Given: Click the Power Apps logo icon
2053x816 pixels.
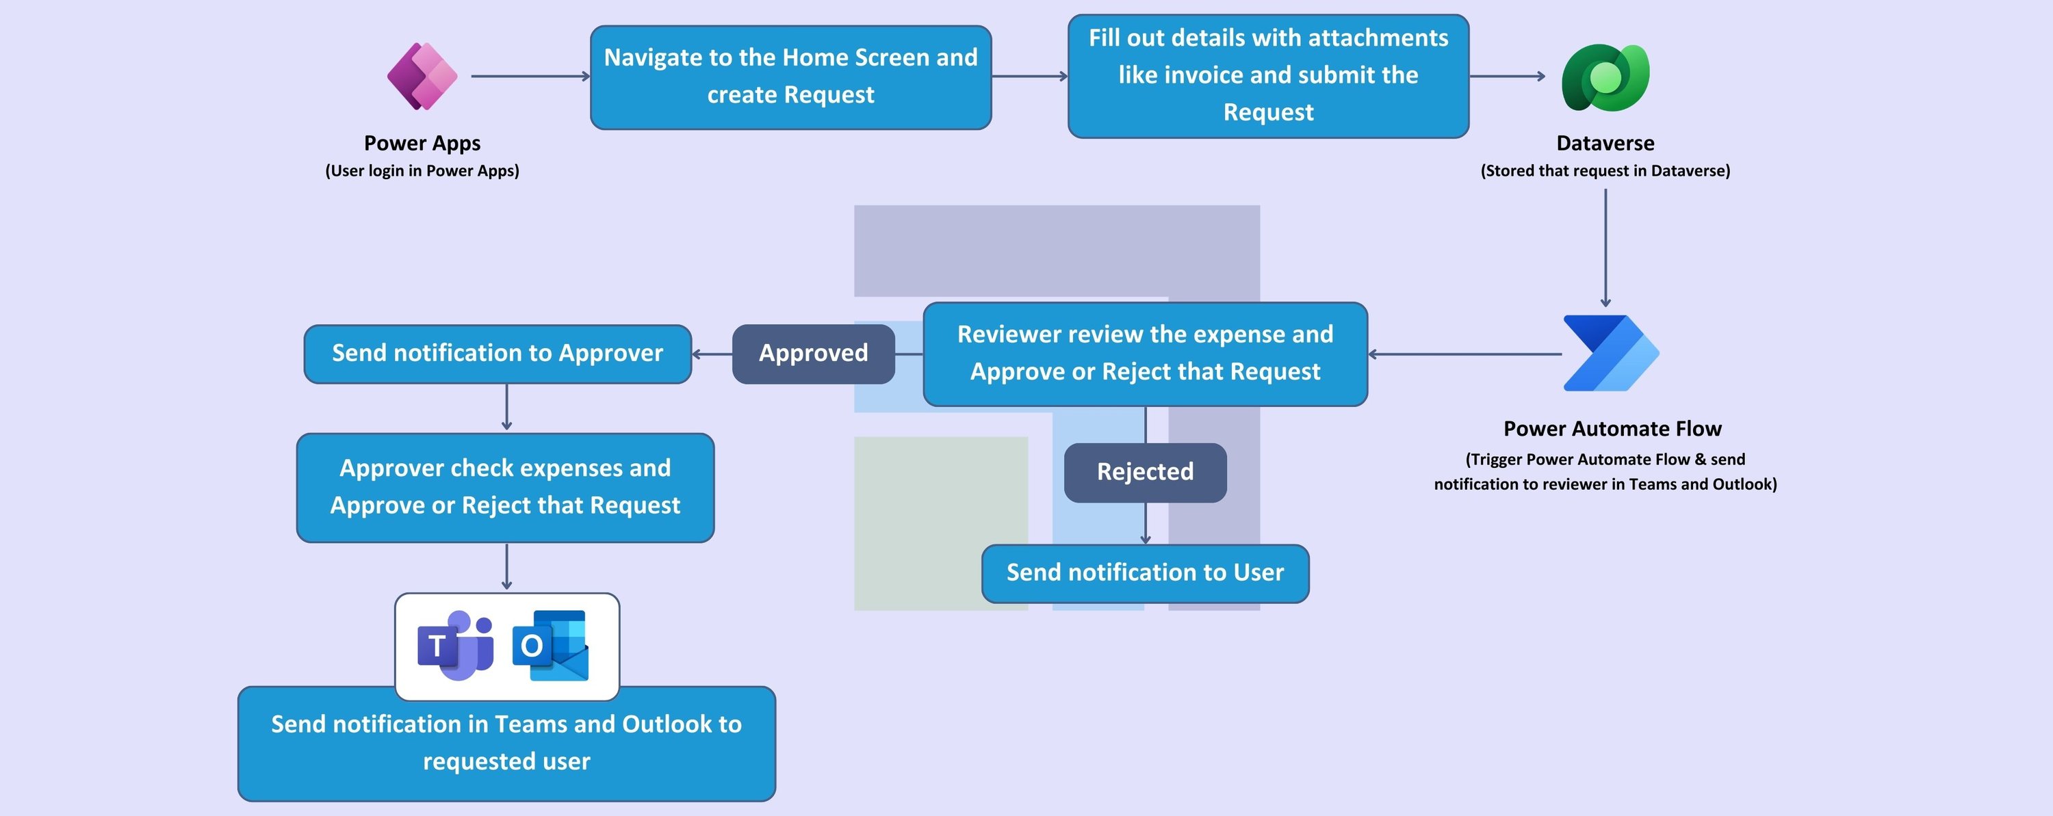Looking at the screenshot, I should click(422, 77).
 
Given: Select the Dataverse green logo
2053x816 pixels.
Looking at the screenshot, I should click(1605, 77).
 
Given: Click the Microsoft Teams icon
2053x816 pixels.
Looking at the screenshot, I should click(456, 646).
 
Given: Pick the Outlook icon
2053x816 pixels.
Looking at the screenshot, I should click(551, 646).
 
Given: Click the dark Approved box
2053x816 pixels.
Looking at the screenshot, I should click(813, 353).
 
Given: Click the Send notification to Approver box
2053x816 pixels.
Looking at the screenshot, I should click(498, 353).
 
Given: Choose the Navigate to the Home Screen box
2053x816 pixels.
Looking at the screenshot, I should click(790, 77).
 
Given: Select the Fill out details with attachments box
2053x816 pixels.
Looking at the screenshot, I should click(1267, 76).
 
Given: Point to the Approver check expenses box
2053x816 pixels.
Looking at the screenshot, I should click(504, 487).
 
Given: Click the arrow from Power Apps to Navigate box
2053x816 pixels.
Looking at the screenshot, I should click(530, 77).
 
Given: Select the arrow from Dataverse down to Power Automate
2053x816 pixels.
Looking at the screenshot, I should click(1605, 247).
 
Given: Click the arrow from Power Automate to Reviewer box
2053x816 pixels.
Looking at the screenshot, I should click(1465, 354).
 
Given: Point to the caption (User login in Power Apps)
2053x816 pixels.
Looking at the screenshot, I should click(422, 170).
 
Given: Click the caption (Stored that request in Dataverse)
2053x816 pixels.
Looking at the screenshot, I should click(1604, 170).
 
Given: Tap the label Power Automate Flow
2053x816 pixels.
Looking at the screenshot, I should click(1612, 429).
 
